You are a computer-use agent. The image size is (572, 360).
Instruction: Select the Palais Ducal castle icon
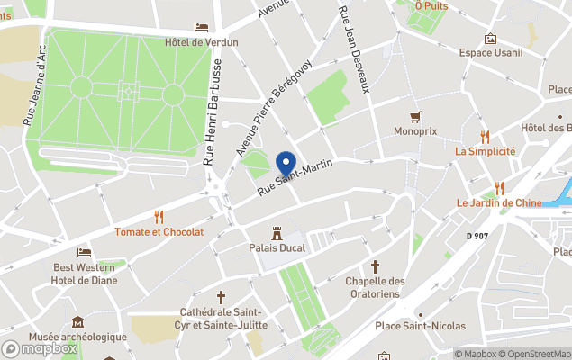coord(277,232)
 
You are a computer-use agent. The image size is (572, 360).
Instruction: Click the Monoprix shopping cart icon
coord(415,116)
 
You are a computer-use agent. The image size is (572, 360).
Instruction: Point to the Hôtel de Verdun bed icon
coord(201,28)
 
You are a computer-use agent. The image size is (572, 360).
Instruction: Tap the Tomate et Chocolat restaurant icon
coord(159,217)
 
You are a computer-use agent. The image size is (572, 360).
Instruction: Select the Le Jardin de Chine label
coord(499,202)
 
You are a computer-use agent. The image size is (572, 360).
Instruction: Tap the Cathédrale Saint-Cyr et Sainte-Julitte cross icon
coord(221,296)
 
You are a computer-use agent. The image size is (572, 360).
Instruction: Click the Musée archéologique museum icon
coord(77,321)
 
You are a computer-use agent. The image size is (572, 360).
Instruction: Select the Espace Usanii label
coord(490,52)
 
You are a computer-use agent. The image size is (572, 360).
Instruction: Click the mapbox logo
coord(40,348)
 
